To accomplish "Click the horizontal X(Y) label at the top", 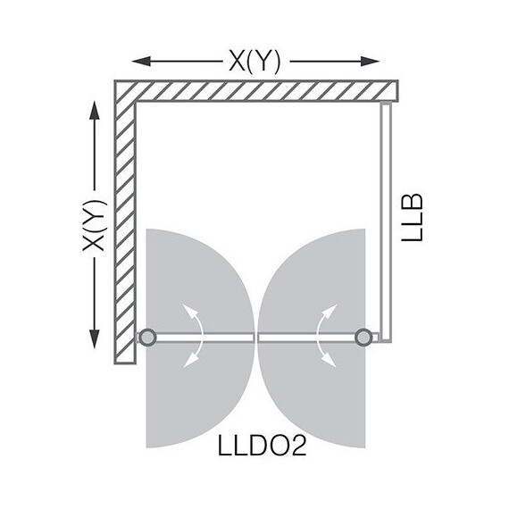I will pos(254,61).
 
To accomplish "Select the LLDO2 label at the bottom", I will pos(256,445).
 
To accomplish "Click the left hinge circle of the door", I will pos(147,338).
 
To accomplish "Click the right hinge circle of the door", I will pos(363,338).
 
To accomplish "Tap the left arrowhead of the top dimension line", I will pos(137,62).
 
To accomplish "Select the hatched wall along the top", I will pos(259,90).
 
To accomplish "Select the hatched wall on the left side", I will pos(124,223).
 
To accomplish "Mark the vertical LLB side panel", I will pos(384,219).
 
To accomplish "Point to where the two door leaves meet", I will pos(256,338).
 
